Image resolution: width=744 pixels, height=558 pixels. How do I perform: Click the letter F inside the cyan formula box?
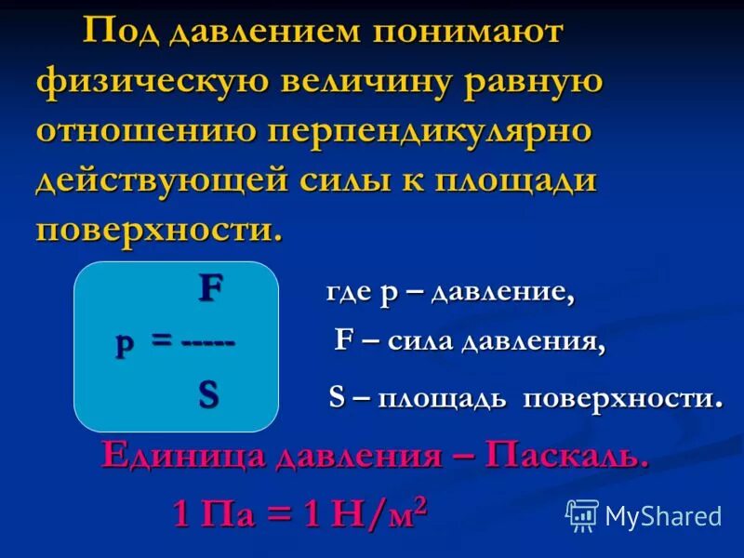(211, 289)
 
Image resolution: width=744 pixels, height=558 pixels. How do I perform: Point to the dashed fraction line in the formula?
(208, 342)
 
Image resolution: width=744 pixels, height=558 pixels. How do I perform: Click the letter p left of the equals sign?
(125, 344)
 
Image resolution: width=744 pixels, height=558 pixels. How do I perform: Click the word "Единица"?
(177, 455)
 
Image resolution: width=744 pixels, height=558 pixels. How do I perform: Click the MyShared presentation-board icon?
(582, 514)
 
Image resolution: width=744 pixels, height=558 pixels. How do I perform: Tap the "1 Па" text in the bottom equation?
(214, 513)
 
